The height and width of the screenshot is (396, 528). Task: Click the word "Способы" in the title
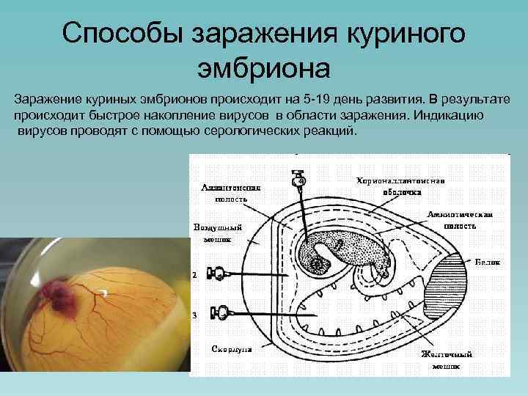120,34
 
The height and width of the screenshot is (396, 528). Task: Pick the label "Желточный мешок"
446,359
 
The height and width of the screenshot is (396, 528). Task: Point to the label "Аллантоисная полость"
225,193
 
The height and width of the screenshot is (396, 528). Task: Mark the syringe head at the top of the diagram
299,179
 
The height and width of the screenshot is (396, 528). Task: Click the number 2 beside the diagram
194,276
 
